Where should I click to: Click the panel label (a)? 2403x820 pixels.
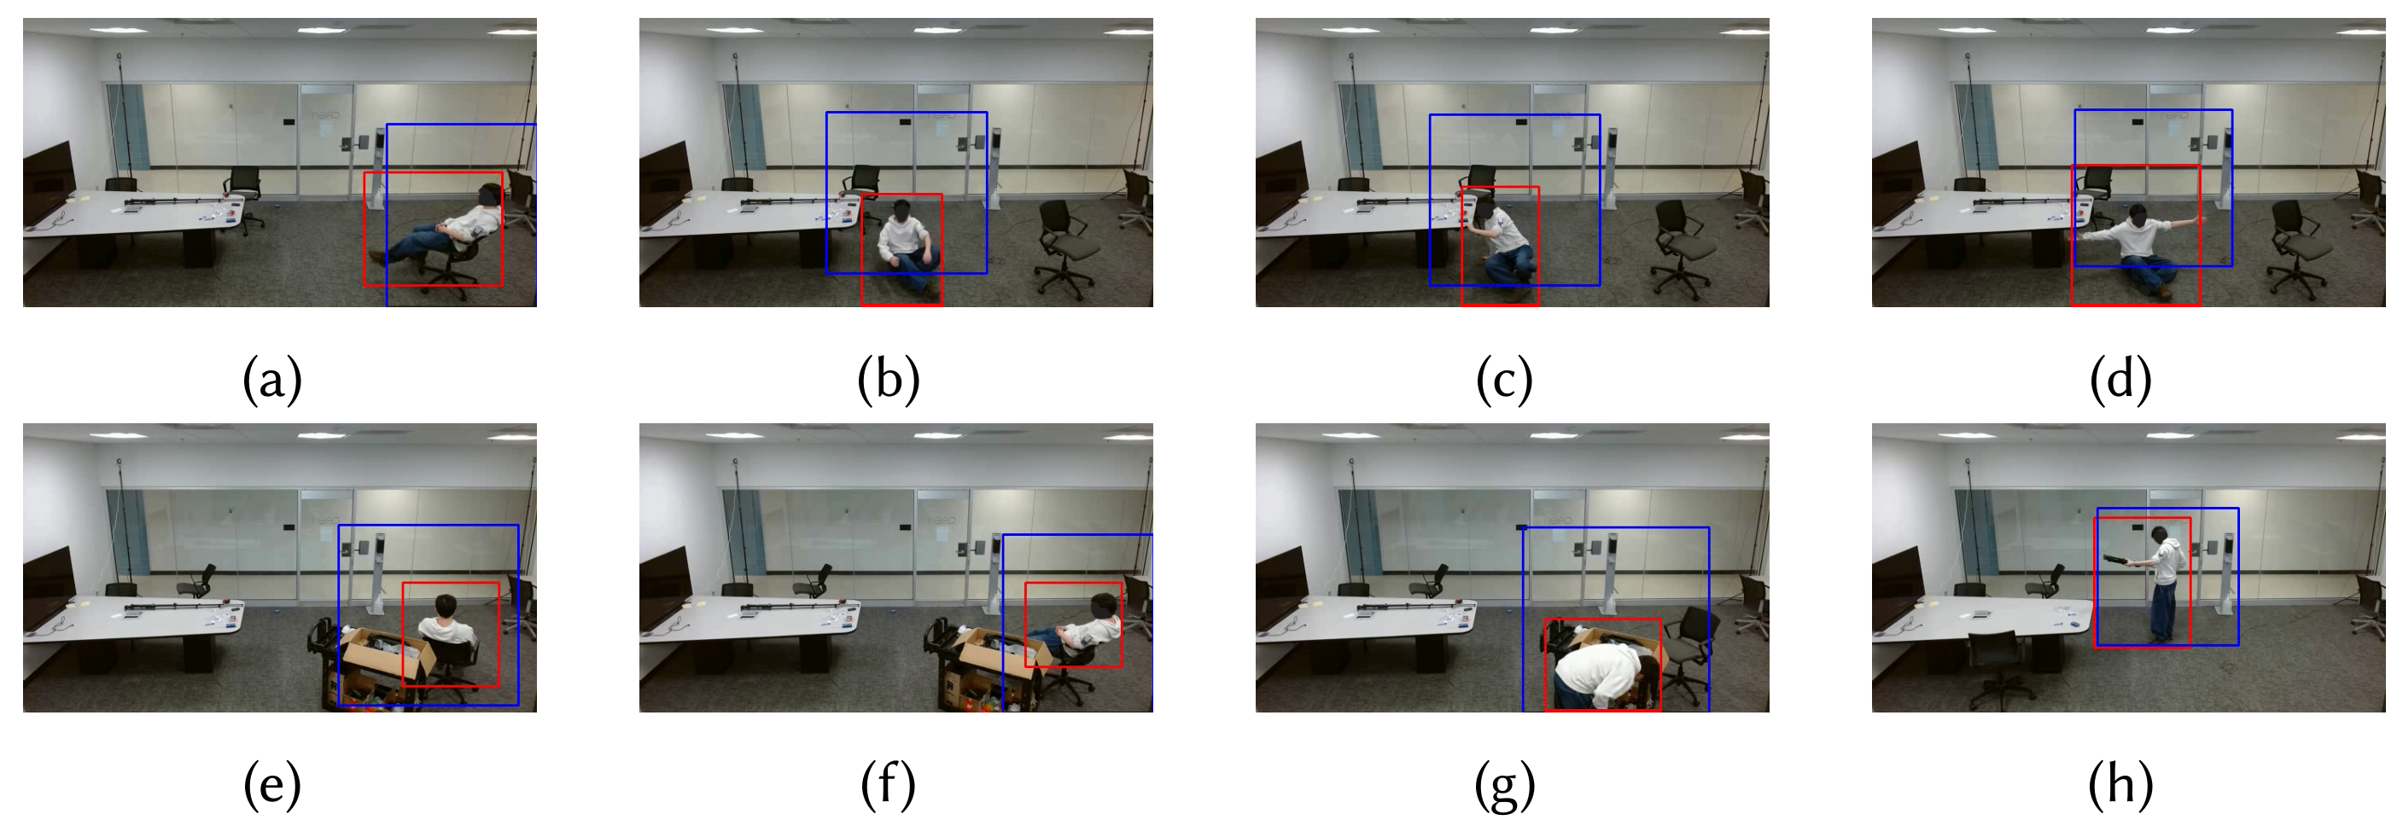tap(272, 380)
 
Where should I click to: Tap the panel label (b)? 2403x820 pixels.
tap(888, 380)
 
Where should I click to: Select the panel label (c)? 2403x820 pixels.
tap(1504, 380)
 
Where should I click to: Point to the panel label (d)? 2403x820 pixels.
tap(2120, 380)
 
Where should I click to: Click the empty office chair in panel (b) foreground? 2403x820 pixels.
tap(1066, 250)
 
